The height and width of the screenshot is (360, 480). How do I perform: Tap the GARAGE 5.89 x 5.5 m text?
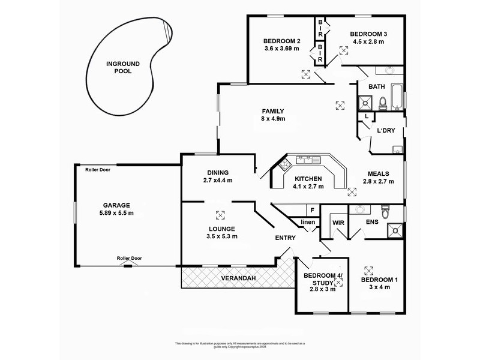[116, 209]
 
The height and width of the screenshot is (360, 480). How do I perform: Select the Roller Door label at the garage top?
[97, 170]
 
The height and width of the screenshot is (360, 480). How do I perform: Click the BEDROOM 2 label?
[281, 41]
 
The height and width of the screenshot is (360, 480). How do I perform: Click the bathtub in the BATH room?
[397, 98]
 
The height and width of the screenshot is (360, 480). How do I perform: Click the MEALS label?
[379, 173]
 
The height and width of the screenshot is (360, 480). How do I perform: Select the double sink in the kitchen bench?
[309, 160]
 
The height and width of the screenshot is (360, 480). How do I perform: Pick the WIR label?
[338, 223]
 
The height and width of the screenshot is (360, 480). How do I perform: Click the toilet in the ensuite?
[386, 211]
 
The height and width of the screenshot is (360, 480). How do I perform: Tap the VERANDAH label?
[238, 278]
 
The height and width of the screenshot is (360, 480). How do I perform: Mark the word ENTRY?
[286, 238]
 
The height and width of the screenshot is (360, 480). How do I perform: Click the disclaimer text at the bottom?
[240, 344]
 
